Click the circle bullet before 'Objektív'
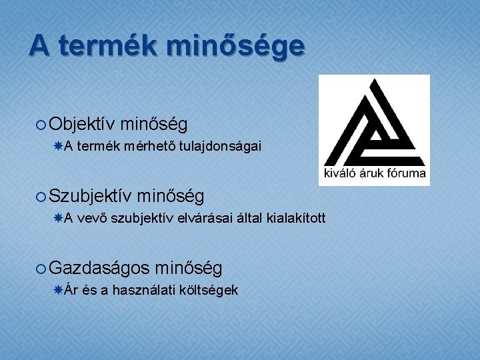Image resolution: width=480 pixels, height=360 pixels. click(41, 125)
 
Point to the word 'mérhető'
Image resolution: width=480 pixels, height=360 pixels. click(145, 147)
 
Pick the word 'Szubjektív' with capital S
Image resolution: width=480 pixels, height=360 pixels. click(91, 196)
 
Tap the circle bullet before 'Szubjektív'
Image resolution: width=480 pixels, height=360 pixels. click(41, 197)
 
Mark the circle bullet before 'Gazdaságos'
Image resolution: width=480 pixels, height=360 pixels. click(41, 269)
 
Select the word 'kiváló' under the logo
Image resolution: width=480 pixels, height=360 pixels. click(340, 175)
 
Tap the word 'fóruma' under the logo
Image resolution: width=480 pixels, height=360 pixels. click(405, 175)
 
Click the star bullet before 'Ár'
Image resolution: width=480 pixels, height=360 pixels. click(59, 290)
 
